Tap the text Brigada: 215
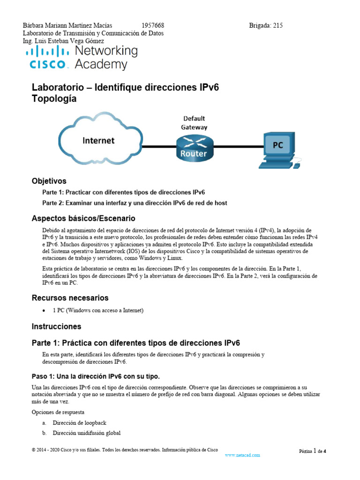coord(265,26)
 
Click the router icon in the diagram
coord(194,147)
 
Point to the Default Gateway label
coord(194,122)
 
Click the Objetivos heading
coord(49,181)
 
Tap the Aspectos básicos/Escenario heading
coord(83,218)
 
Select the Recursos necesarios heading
coord(70,298)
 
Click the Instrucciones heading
coord(56,326)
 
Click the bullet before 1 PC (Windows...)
coord(44,310)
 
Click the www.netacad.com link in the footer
coord(242,455)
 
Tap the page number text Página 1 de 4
coord(313,451)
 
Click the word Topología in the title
coord(53,99)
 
